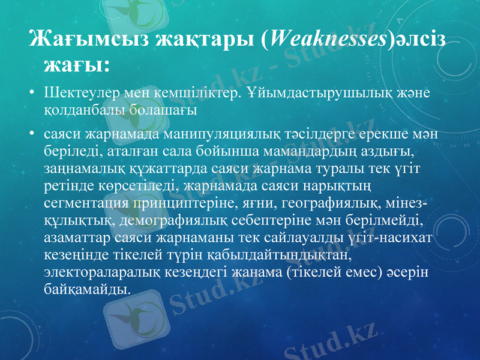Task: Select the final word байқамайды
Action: coord(86,289)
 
